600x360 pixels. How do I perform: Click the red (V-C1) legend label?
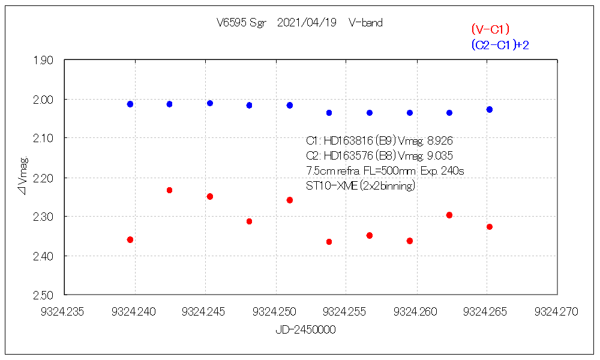tap(490, 29)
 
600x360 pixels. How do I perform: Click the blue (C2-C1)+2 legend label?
tap(500, 45)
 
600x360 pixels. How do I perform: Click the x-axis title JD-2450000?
tap(305, 330)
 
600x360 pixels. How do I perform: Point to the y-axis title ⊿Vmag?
tap(24, 177)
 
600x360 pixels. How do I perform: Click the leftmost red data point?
tap(130, 239)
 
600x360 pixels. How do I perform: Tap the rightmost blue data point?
tap(490, 109)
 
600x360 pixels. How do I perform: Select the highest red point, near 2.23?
tap(169, 190)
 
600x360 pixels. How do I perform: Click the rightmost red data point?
tap(490, 226)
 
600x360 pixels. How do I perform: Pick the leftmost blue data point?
tap(130, 104)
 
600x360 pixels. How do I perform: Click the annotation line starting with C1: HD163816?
tap(379, 142)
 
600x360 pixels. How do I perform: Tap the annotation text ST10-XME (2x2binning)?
tap(361, 186)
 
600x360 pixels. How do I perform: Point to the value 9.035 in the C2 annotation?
tap(440, 156)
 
